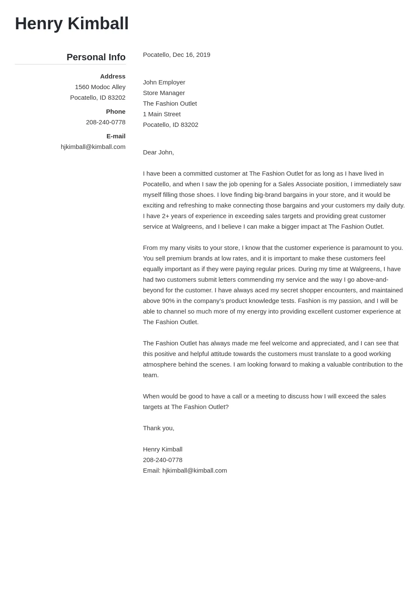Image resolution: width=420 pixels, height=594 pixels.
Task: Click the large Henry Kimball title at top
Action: click(72, 24)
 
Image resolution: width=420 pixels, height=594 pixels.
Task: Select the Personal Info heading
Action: click(96, 57)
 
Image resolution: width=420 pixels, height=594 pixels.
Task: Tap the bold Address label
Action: click(112, 76)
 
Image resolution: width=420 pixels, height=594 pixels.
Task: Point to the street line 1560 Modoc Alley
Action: click(100, 87)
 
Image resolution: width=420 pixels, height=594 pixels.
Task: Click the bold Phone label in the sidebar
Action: click(115, 112)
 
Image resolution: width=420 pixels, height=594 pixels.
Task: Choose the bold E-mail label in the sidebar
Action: click(116, 136)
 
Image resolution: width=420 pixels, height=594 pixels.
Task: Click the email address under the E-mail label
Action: click(93, 147)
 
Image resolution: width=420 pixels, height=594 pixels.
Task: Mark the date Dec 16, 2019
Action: click(191, 55)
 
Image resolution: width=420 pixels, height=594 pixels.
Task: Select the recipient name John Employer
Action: click(164, 82)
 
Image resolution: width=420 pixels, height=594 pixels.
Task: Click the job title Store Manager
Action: click(164, 93)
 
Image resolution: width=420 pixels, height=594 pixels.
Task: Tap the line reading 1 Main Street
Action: click(162, 114)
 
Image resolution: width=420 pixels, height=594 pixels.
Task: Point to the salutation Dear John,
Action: click(158, 152)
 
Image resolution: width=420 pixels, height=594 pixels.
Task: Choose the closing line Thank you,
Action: click(158, 428)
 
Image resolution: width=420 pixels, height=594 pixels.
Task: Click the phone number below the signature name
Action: click(162, 460)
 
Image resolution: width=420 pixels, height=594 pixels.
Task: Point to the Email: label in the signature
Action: click(151, 471)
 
